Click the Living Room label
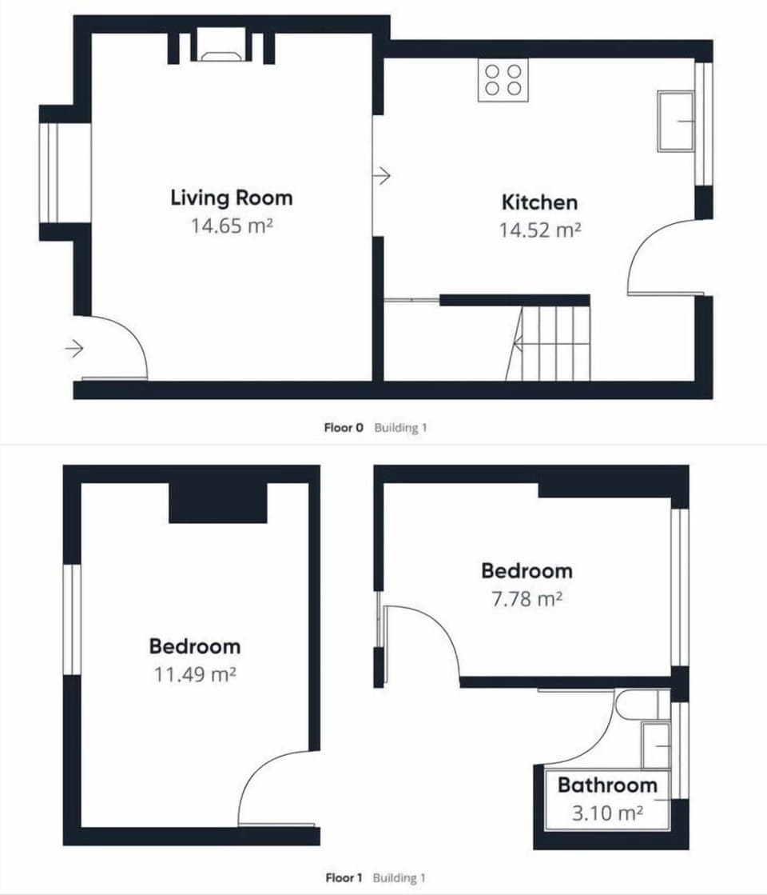pyautogui.click(x=232, y=198)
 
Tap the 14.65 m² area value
pyautogui.click(x=232, y=225)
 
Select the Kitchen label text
pyautogui.click(x=539, y=202)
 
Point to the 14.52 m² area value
pyautogui.click(x=539, y=230)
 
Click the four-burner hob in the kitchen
pyautogui.click(x=503, y=80)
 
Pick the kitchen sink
pyautogui.click(x=675, y=121)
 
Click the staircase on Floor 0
pyautogui.click(x=551, y=343)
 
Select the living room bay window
pyautogui.click(x=56, y=173)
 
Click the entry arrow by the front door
pyautogui.click(x=74, y=349)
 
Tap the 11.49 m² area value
pyautogui.click(x=195, y=673)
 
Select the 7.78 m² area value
pyautogui.click(x=527, y=598)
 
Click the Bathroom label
pyautogui.click(x=607, y=785)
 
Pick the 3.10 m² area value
pyautogui.click(x=607, y=813)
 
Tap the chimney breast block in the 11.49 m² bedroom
pyautogui.click(x=217, y=503)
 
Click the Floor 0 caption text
pyautogui.click(x=344, y=428)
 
